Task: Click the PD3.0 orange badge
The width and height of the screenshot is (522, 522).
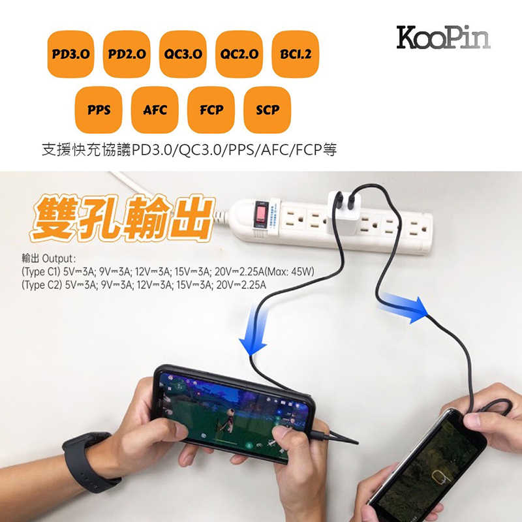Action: tap(70, 54)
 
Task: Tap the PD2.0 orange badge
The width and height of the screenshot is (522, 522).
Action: tap(127, 54)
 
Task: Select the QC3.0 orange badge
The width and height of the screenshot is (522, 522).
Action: tap(183, 54)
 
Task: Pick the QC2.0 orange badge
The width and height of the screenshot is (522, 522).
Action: tap(239, 54)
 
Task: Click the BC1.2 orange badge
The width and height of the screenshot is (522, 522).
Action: tap(295, 54)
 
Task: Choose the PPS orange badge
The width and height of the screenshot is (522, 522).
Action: tap(99, 110)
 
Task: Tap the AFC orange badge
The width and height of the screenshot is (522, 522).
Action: tap(155, 110)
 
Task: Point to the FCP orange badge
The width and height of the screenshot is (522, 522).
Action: tap(211, 110)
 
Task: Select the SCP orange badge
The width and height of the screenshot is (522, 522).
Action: tap(267, 110)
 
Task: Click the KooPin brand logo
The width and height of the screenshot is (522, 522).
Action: tap(442, 37)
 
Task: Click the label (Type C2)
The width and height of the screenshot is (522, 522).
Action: tap(41, 284)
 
